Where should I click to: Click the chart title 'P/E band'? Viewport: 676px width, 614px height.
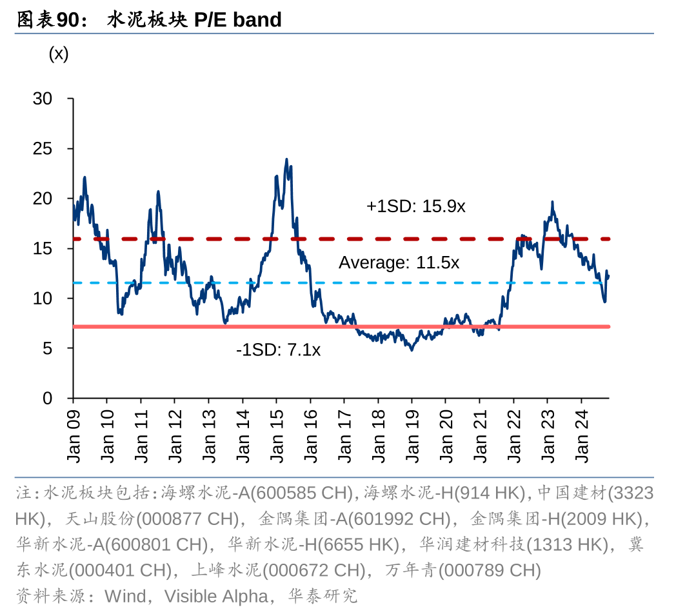pyautogui.click(x=238, y=20)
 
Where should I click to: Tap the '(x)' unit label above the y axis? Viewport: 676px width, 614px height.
pyautogui.click(x=59, y=54)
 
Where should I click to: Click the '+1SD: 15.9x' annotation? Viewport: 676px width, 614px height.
pyautogui.click(x=416, y=206)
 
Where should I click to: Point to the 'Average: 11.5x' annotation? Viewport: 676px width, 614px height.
pyautogui.click(x=399, y=262)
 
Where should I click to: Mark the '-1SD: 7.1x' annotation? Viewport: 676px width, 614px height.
pyautogui.click(x=278, y=350)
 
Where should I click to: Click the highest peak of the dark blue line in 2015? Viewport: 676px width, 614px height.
pyautogui.click(x=286, y=160)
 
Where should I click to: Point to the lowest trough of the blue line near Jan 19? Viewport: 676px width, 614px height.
pyautogui.click(x=412, y=349)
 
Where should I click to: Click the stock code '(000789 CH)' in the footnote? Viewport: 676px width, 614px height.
pyautogui.click(x=490, y=570)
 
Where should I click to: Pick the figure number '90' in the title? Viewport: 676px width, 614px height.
pyautogui.click(x=67, y=20)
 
